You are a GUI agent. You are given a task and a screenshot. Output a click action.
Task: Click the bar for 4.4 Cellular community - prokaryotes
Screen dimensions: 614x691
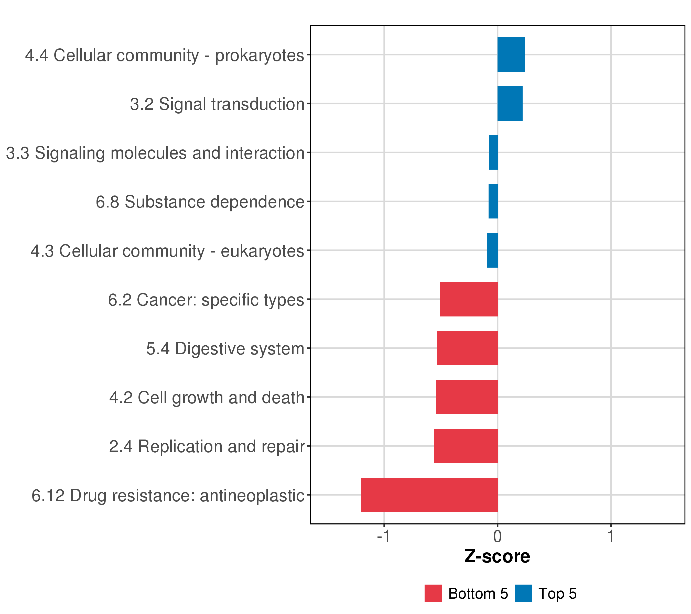point(511,55)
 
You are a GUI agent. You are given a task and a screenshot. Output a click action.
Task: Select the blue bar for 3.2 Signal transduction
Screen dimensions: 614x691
point(510,103)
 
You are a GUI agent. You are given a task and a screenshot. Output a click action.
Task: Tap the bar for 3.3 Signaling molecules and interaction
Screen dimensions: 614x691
point(494,152)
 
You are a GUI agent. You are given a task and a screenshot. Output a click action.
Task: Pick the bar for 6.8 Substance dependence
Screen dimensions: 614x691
point(493,201)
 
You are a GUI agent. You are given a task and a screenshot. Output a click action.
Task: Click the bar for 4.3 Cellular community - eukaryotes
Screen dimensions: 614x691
point(493,250)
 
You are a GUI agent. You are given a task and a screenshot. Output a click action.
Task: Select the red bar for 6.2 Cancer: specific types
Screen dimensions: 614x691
point(469,299)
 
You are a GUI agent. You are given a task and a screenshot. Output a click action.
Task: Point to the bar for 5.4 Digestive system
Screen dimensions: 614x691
point(467,348)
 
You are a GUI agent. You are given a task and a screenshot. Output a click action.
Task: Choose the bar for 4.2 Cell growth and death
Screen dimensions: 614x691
point(467,397)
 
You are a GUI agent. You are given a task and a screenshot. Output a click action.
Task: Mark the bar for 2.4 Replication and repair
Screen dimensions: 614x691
point(466,446)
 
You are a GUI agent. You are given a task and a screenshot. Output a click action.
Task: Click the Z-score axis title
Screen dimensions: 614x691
point(497,556)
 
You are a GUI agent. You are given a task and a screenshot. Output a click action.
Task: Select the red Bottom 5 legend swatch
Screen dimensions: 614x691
point(433,593)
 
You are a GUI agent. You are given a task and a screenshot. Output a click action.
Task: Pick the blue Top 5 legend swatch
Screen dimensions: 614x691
point(523,593)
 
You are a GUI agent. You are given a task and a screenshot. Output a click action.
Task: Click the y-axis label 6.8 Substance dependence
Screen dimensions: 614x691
point(200,202)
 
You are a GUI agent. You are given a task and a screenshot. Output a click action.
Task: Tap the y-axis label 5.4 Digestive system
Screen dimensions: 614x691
point(225,349)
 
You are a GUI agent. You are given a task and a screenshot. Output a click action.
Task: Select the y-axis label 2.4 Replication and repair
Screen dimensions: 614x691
point(207,446)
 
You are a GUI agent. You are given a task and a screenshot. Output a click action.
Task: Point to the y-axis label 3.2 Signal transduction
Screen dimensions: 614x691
point(217,104)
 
